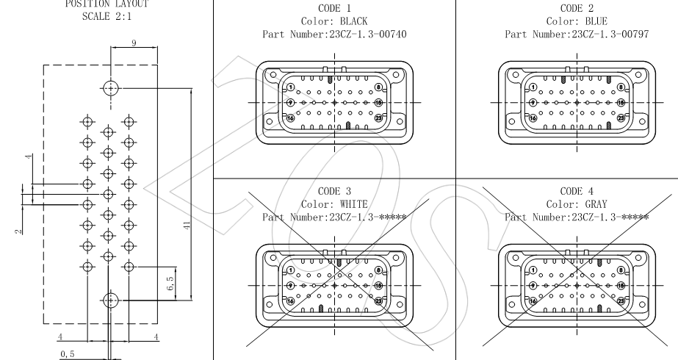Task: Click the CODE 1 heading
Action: (333, 7)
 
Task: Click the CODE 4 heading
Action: (577, 190)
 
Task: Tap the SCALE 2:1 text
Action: (107, 15)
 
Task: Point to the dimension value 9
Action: (133, 43)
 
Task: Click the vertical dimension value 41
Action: (187, 227)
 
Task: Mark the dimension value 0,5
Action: (67, 353)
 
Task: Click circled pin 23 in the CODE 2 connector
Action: (620, 118)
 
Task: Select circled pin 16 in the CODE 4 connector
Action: (533, 300)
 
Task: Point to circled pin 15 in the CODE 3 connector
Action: (379, 285)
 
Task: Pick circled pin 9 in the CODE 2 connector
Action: (533, 102)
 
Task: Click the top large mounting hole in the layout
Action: (109, 88)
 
